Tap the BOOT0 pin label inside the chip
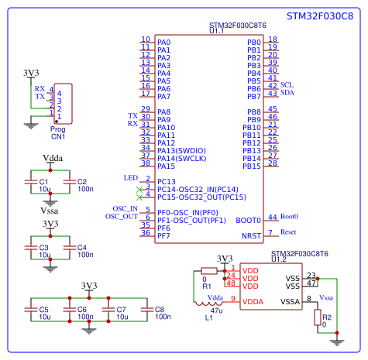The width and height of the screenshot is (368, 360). pos(247,220)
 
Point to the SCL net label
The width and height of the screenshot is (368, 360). pos(287,84)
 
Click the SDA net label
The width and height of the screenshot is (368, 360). pos(287,92)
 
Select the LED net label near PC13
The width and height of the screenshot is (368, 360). pos(131,177)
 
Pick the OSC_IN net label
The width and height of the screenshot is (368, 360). pos(125,208)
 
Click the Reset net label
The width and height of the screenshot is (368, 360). pos(288,232)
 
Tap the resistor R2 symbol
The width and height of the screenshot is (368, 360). pos(317,317)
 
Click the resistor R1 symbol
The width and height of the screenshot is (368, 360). pos(208,271)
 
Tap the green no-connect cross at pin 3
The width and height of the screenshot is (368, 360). pos(139,189)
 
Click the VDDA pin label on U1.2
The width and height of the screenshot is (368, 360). pos(252,301)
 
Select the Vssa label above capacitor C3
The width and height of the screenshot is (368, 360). pos(48,211)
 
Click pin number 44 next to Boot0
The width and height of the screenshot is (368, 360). pos(271,218)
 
